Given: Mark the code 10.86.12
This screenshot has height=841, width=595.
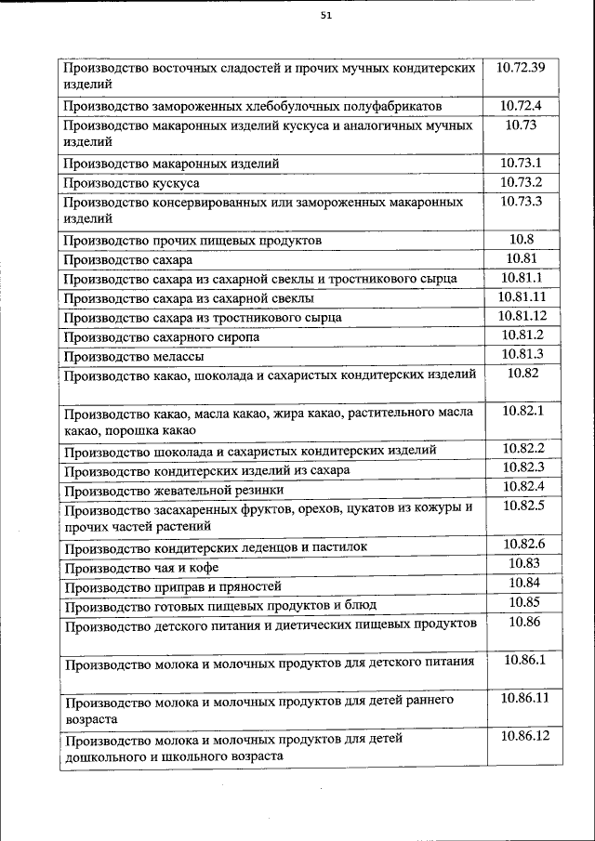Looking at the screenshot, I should (524, 736).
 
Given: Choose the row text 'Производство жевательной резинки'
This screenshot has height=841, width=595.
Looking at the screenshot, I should (173, 490).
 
